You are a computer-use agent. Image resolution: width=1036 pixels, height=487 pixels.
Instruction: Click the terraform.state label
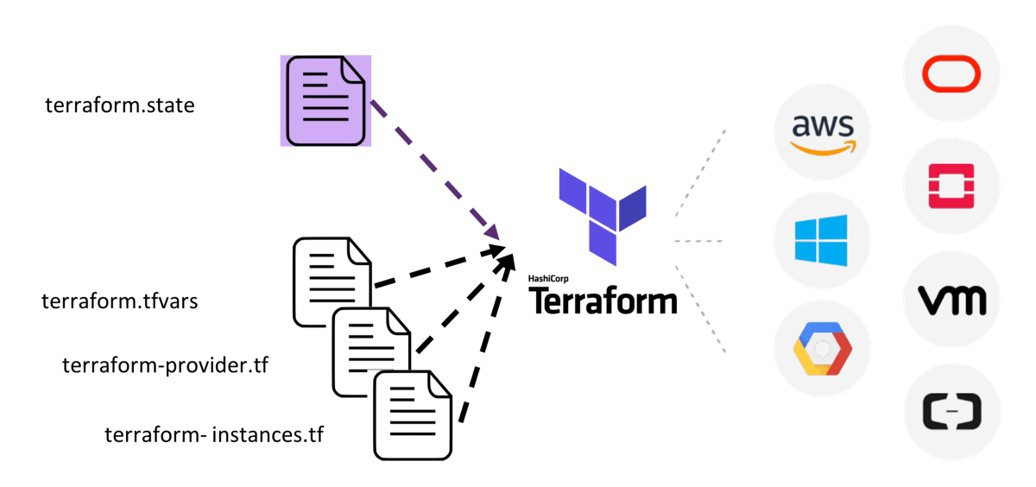click(x=120, y=106)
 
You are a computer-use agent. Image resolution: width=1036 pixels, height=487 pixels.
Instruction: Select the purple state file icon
click(x=325, y=100)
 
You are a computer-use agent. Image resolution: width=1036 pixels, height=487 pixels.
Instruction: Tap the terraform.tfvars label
click(x=120, y=302)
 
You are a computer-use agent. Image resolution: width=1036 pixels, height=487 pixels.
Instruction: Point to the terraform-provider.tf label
click(x=165, y=365)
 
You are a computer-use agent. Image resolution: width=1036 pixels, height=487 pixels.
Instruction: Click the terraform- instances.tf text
click(x=213, y=434)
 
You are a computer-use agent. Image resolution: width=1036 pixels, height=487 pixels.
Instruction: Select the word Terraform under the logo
click(x=603, y=300)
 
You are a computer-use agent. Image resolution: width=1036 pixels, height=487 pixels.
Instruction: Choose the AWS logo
click(x=823, y=133)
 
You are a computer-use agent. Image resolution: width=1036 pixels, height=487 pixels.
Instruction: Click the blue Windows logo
click(x=822, y=241)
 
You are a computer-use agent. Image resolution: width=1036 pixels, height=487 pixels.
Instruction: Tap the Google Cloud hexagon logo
click(x=822, y=349)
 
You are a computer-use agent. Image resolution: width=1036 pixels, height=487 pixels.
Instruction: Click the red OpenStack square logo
click(x=951, y=186)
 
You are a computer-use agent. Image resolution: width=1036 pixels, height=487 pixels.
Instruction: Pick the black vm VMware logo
click(x=951, y=300)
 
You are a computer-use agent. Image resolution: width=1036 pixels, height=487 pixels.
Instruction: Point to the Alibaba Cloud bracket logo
click(x=951, y=411)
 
